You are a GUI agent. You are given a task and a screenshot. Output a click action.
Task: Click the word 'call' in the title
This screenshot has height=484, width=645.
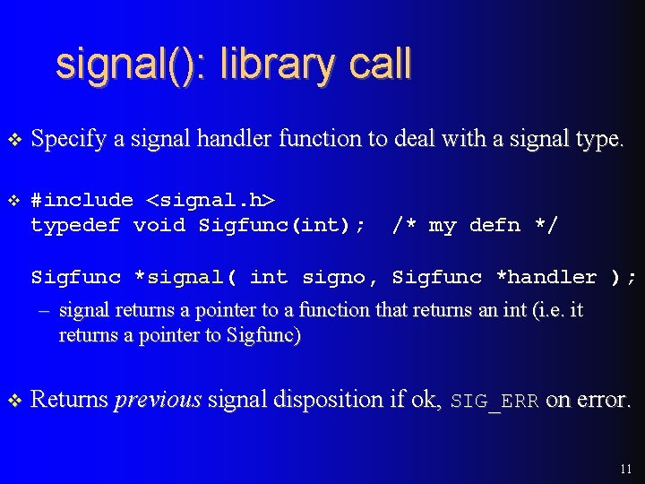pyautogui.click(x=377, y=65)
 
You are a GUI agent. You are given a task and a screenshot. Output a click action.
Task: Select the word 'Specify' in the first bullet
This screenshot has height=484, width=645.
pyautogui.click(x=68, y=140)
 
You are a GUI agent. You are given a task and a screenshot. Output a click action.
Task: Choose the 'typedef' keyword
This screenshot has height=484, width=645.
pyautogui.click(x=75, y=225)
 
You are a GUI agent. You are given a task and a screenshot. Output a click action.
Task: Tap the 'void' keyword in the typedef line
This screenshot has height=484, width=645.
pyautogui.click(x=159, y=225)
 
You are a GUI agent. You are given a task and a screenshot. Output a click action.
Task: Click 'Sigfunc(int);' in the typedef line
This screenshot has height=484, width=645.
pyautogui.click(x=281, y=225)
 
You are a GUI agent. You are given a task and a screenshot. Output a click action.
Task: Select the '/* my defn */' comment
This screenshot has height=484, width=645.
pyautogui.click(x=475, y=225)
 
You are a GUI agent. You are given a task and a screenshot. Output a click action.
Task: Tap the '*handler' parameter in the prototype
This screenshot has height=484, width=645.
pyautogui.click(x=546, y=277)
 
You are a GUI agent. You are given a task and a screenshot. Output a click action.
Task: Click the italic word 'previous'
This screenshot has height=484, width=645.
pyautogui.click(x=158, y=401)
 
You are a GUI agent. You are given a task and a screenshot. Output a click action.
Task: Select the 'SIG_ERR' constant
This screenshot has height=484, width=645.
pyautogui.click(x=494, y=401)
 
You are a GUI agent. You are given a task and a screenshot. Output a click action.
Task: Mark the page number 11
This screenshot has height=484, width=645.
pyautogui.click(x=625, y=469)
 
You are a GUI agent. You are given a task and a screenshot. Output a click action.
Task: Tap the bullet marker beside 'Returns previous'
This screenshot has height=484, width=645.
pyautogui.click(x=13, y=401)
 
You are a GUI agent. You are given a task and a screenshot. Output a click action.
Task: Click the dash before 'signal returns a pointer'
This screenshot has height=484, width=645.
pyautogui.click(x=41, y=311)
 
